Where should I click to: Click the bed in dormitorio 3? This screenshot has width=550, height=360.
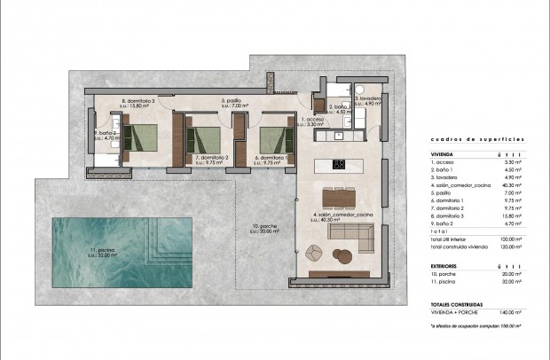(x=139, y=137)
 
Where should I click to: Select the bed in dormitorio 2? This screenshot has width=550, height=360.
(x=203, y=139)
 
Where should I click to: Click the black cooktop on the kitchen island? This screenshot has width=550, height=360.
(x=338, y=164)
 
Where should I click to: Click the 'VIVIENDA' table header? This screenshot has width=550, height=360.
(x=441, y=153)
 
